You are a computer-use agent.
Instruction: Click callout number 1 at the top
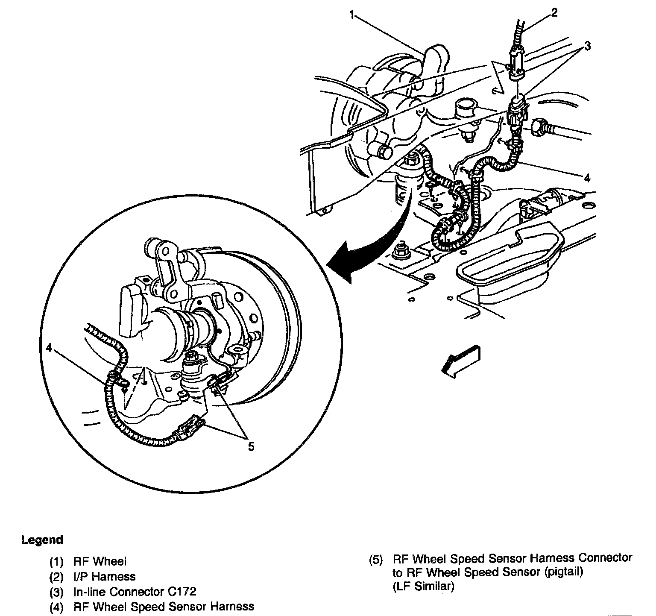pos(352,16)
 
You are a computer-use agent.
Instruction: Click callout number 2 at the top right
pos(554,12)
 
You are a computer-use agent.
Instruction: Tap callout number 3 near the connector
pos(588,46)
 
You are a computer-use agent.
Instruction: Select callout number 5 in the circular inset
pos(251,446)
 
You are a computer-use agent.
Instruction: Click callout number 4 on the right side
pos(588,178)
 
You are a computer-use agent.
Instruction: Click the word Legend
pos(42,540)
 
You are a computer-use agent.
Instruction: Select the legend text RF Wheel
pos(100,561)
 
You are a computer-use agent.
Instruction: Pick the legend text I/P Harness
pos(104,577)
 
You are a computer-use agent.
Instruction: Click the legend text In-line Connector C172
pos(135,592)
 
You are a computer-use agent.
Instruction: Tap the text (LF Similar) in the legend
pos(423,586)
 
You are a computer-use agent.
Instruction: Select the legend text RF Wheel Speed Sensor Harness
pos(164,606)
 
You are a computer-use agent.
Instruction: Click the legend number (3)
pos(57,592)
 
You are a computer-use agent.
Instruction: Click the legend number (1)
pos(57,562)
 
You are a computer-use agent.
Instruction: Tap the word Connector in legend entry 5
pos(604,557)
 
